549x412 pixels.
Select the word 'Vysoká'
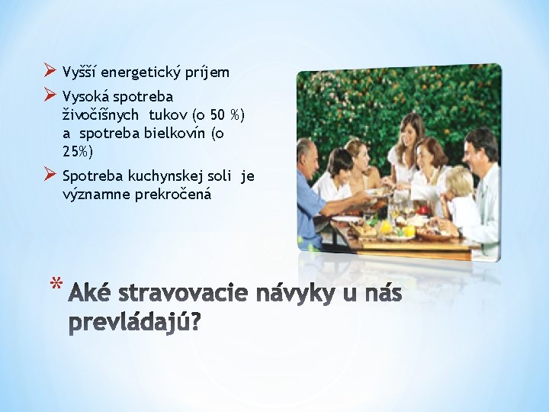coord(85,97)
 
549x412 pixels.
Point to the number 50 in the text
coord(217,114)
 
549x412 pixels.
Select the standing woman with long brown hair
coord(411,137)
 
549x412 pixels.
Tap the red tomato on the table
coord(423,209)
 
